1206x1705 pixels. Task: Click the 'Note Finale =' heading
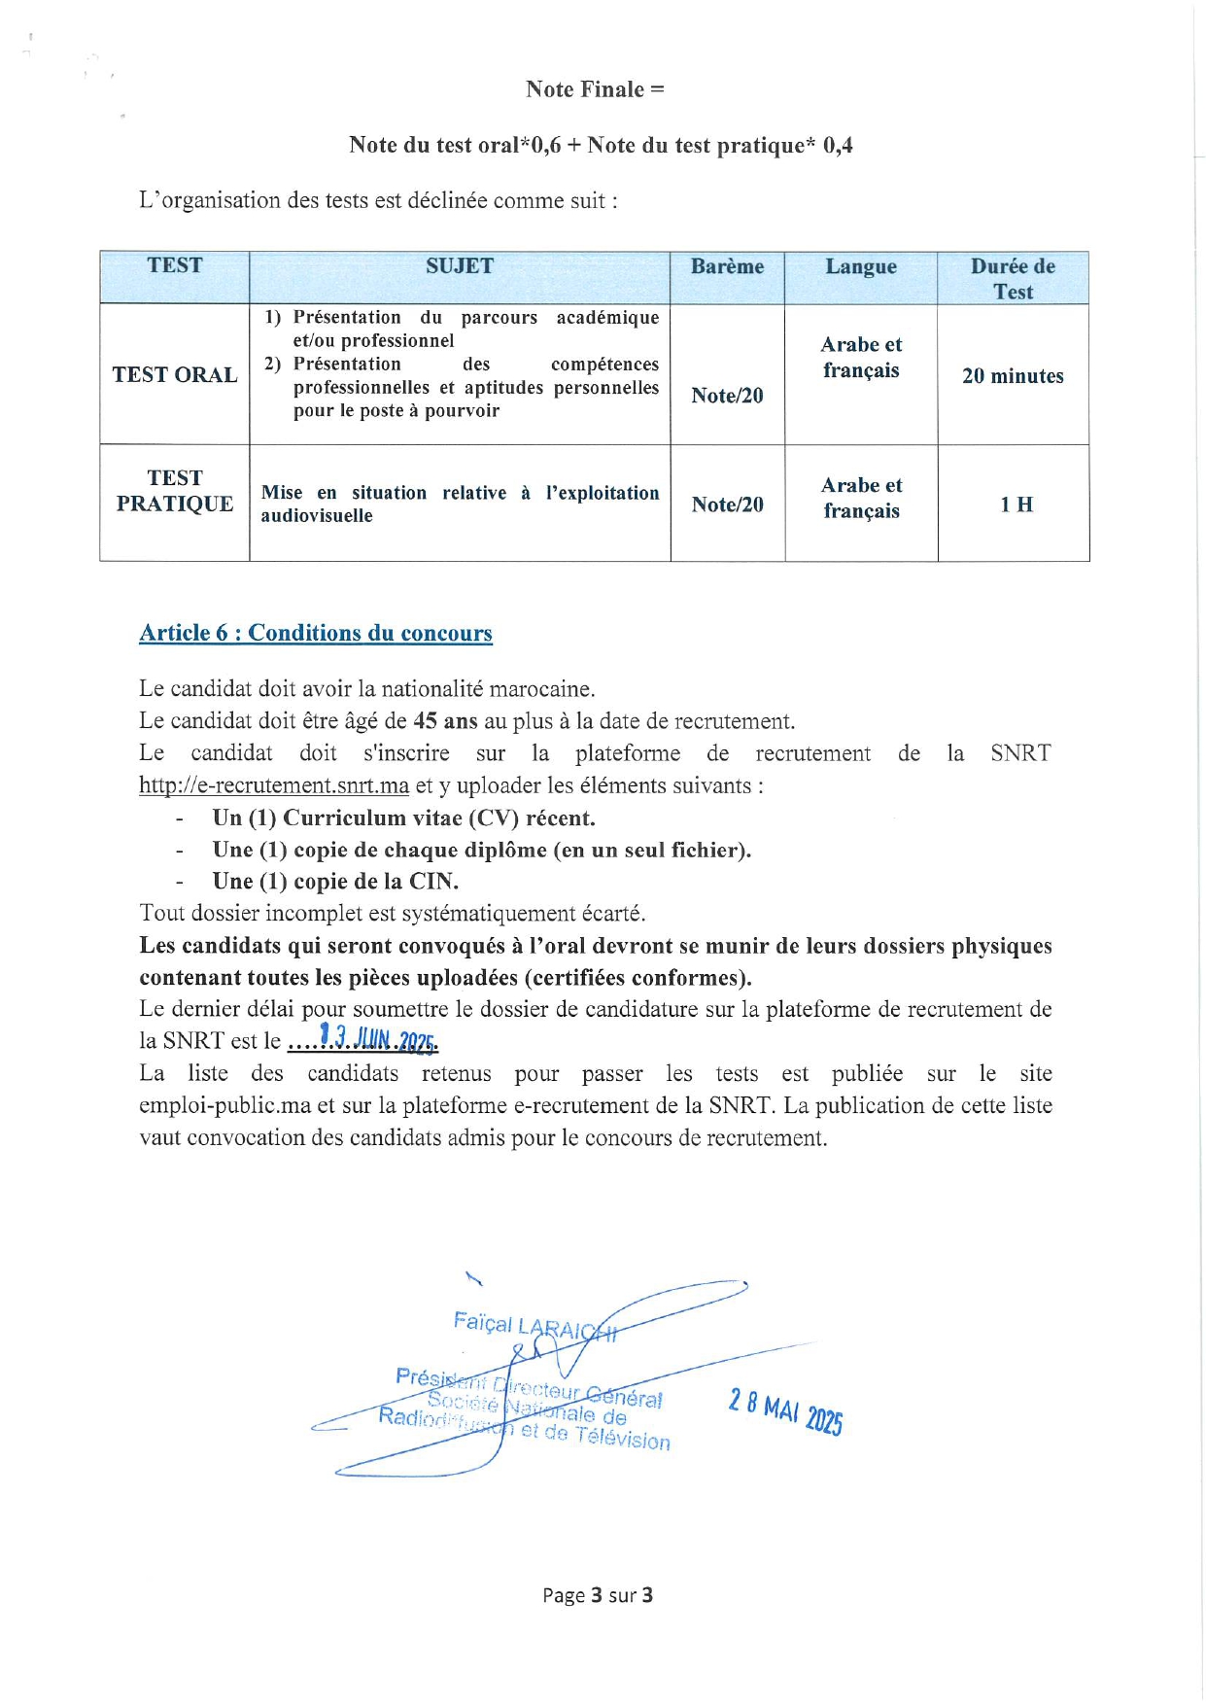click(595, 89)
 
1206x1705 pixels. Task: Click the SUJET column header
click(460, 266)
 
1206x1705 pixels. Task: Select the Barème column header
click(727, 266)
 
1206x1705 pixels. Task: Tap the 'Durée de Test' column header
click(1013, 278)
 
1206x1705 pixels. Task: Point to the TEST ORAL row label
click(175, 375)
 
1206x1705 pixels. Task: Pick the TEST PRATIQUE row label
click(175, 491)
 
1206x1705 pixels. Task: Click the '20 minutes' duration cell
click(1013, 376)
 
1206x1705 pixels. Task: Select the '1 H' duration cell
click(1016, 505)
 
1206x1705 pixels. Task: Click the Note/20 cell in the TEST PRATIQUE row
click(727, 505)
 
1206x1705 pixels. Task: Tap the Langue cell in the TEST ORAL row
click(861, 358)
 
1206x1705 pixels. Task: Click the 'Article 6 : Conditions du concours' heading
click(316, 633)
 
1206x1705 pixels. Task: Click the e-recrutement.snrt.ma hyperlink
click(274, 785)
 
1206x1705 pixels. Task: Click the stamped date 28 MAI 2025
click(785, 1410)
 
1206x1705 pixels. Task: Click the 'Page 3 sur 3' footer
click(598, 1595)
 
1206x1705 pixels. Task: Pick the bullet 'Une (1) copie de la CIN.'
click(335, 882)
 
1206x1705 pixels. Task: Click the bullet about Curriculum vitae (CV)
click(403, 818)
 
